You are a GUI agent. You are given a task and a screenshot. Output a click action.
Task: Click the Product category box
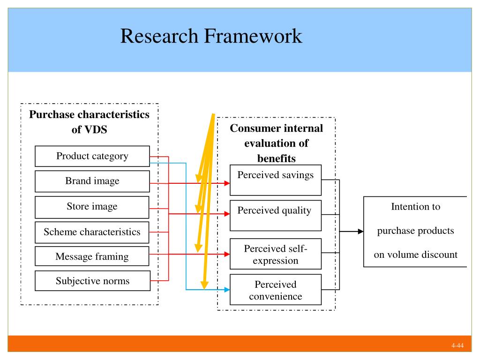click(92, 156)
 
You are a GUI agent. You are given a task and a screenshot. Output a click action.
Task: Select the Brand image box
click(92, 181)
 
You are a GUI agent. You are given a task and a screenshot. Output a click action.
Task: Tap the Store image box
click(92, 207)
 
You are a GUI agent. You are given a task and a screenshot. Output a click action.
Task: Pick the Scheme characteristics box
click(92, 232)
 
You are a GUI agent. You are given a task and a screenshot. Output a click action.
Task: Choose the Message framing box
click(92, 256)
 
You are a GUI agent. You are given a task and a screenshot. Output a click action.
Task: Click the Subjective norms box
click(92, 281)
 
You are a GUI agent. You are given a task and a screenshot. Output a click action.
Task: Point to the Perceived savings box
click(276, 180)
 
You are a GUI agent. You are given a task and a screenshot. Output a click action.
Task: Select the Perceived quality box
click(276, 216)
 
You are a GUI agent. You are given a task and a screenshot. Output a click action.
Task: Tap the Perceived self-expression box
click(276, 254)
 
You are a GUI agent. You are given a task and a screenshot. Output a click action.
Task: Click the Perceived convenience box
click(276, 290)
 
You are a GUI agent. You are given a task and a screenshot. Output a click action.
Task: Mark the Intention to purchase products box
click(415, 232)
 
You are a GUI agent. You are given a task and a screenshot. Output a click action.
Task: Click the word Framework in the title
click(253, 36)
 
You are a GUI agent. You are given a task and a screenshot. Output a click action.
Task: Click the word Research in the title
click(159, 36)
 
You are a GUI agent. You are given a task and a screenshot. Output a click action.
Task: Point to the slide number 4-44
click(457, 345)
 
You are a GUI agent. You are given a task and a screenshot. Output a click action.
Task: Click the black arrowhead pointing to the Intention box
click(360, 232)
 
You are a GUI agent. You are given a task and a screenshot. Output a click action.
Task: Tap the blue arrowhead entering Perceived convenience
click(227, 290)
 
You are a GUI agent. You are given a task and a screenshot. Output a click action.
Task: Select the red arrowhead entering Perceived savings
click(227, 183)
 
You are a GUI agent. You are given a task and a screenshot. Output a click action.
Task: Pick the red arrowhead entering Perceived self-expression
click(227, 254)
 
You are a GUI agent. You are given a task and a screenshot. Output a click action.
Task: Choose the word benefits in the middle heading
click(277, 158)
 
